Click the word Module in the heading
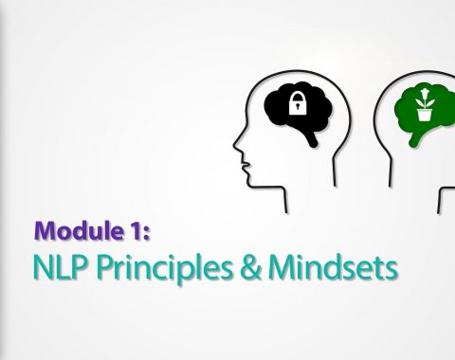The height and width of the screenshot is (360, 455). (78, 231)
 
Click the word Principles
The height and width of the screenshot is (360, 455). (163, 269)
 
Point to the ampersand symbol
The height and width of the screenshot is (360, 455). (250, 267)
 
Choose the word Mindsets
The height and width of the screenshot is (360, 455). (333, 267)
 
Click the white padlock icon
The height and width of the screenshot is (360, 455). (298, 103)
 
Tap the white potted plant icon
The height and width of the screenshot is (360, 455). (425, 105)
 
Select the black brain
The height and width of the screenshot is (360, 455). (298, 112)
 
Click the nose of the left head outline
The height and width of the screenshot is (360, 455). (236, 144)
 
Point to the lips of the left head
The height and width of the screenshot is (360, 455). (246, 167)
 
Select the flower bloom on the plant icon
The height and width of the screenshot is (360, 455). (424, 93)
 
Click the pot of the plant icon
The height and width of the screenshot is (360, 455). (424, 115)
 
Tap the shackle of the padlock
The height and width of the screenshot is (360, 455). (298, 96)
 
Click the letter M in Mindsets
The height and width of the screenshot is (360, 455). (281, 267)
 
